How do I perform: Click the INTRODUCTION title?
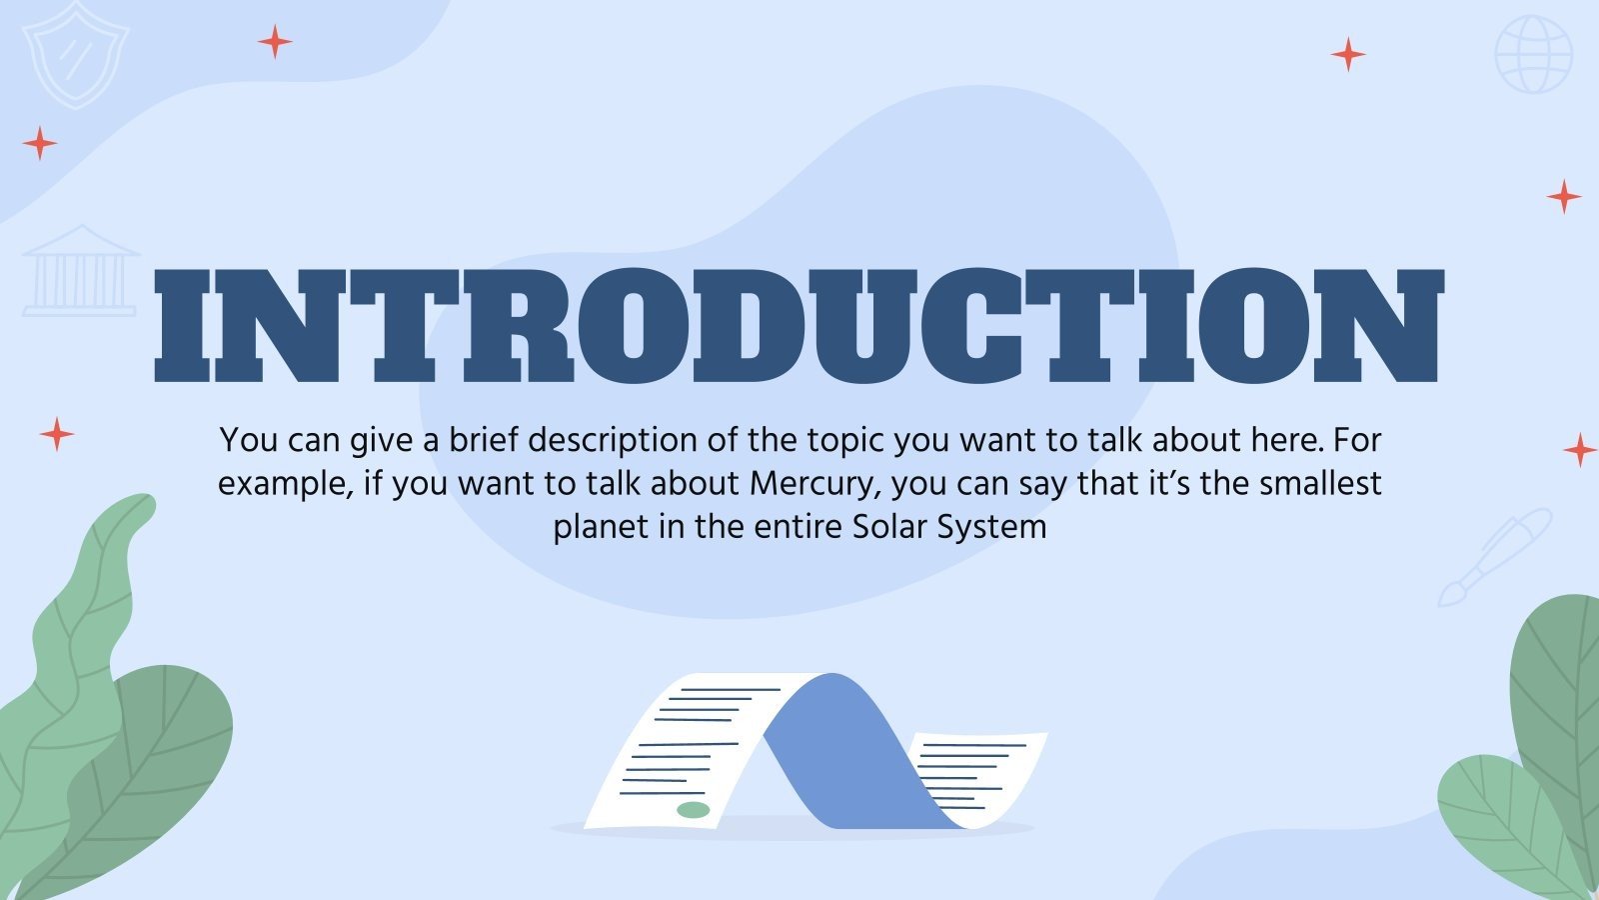tap(799, 326)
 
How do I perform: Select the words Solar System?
tap(949, 527)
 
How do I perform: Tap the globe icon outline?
tap(1533, 55)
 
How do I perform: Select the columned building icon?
tap(80, 271)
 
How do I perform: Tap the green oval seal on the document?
tap(693, 809)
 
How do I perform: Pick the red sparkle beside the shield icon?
tap(274, 42)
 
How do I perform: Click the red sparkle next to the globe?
tap(1347, 54)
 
